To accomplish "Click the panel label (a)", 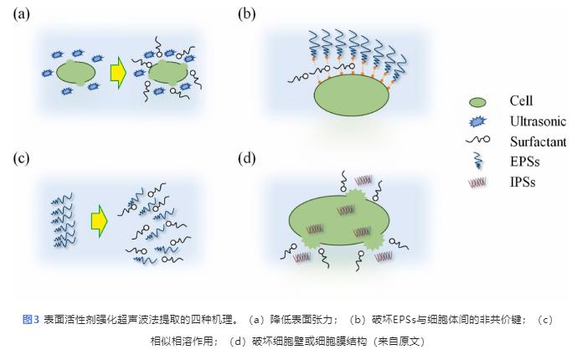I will [x=23, y=13].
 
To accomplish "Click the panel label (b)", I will [x=247, y=13].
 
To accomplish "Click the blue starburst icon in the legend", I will [x=479, y=122].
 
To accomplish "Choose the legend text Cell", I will [x=521, y=101].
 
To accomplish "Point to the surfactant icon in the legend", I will [x=479, y=141].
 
